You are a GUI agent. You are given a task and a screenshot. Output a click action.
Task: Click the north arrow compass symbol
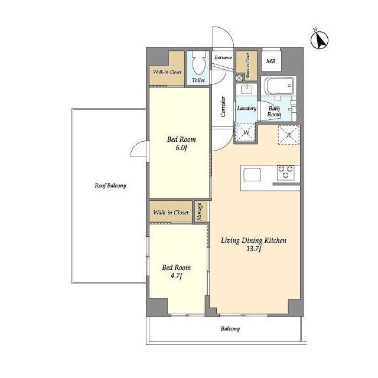pyautogui.click(x=320, y=40)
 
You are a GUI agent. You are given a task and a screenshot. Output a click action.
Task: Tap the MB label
pyautogui.click(x=271, y=61)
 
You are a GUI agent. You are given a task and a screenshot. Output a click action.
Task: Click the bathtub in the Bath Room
pyautogui.click(x=279, y=86)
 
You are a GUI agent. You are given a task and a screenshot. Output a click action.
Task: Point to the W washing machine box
pyautogui.click(x=246, y=132)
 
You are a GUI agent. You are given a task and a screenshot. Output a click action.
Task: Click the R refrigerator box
pyautogui.click(x=289, y=135)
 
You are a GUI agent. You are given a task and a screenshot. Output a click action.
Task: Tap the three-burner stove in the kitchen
pyautogui.click(x=286, y=172)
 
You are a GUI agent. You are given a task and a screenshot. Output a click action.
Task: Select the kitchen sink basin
pyautogui.click(x=252, y=175)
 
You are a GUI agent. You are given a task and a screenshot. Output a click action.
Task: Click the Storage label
pyautogui.click(x=200, y=211)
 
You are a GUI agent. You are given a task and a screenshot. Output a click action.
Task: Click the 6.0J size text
pyautogui.click(x=181, y=148)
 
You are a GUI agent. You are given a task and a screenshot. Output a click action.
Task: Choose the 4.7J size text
pyautogui.click(x=176, y=276)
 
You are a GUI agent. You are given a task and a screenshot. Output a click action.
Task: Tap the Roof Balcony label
pyautogui.click(x=110, y=185)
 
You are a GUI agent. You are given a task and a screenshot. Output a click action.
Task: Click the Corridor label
pyautogui.click(x=223, y=107)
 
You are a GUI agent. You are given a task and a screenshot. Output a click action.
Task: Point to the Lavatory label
pyautogui.click(x=247, y=108)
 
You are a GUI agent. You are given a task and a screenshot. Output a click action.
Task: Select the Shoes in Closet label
pyautogui.click(x=248, y=66)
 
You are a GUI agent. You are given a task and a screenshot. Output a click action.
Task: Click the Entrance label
pyautogui.click(x=223, y=58)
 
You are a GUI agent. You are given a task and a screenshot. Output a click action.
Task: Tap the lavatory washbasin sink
pyautogui.click(x=246, y=89)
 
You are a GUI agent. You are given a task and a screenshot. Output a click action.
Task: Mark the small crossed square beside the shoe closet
pyautogui.click(x=239, y=77)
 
